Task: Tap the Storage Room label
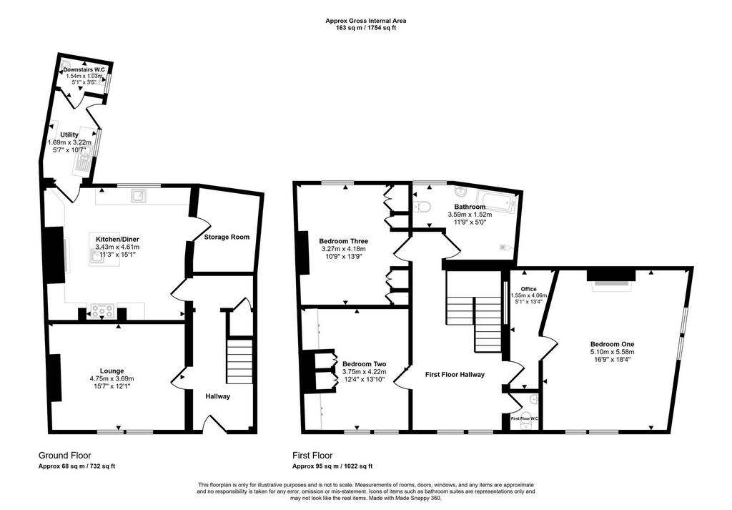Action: [227, 237]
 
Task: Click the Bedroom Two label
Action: [364, 364]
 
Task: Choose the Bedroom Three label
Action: [344, 241]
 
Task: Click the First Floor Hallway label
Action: [455, 375]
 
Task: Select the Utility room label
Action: [69, 135]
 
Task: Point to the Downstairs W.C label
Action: [84, 69]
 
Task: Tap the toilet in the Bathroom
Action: [423, 206]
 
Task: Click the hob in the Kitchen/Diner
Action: [102, 310]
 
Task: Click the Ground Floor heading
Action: [64, 456]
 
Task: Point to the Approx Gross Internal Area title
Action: [365, 21]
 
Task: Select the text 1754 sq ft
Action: [381, 28]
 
